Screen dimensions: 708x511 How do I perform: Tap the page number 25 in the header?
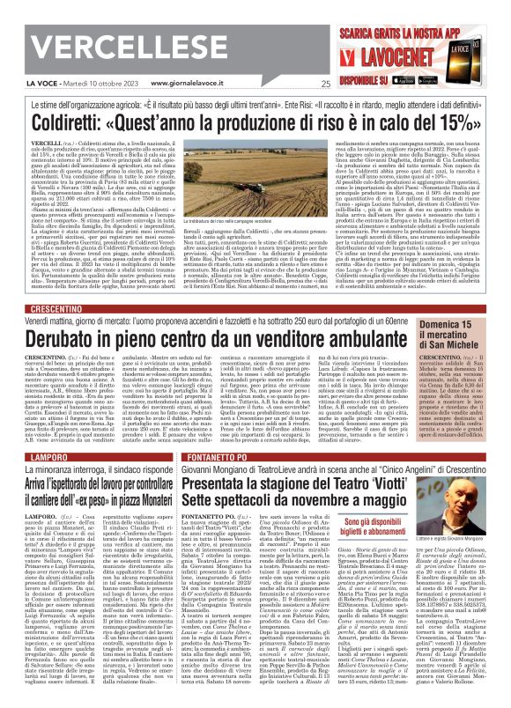pyautogui.click(x=325, y=85)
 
